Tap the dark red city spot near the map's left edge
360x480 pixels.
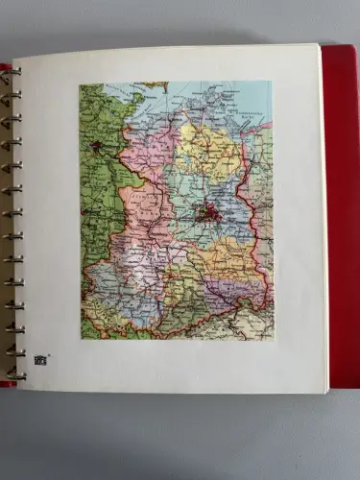[x=96, y=147]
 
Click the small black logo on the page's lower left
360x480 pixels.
[x=40, y=360]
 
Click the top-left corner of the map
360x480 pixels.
[x=80, y=83]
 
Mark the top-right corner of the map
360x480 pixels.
[x=273, y=82]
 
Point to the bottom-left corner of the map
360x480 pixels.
[x=81, y=339]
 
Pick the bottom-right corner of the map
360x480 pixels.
[x=273, y=338]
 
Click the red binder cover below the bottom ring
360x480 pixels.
[x=8, y=383]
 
